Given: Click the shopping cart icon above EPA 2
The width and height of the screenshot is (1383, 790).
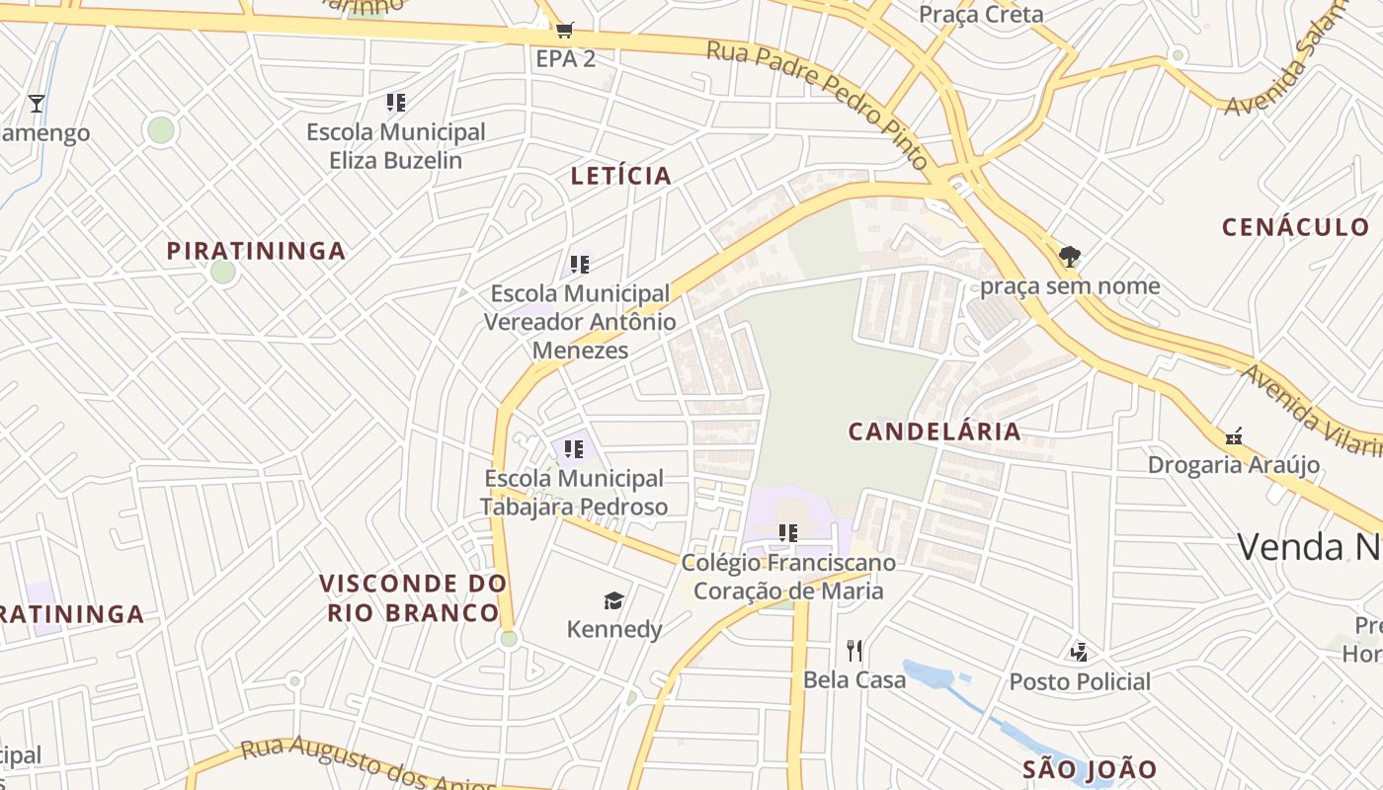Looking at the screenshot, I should tap(564, 31).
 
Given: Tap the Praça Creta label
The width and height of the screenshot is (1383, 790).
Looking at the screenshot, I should tap(981, 14).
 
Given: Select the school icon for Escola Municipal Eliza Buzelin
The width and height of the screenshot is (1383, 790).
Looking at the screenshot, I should tap(396, 103).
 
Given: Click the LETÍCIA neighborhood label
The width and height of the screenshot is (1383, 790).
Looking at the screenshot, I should tap(621, 177).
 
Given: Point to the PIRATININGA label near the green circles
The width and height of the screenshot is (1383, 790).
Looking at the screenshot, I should tap(256, 251).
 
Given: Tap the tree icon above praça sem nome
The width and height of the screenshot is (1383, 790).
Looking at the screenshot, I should tap(1069, 257).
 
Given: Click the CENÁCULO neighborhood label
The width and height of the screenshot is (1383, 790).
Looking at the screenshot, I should tap(1296, 227).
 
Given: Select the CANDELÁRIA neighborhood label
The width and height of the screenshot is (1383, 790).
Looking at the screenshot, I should tap(935, 432).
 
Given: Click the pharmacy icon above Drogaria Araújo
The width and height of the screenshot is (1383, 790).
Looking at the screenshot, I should tap(1233, 435).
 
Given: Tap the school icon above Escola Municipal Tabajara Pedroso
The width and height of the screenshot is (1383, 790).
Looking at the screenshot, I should tap(574, 450).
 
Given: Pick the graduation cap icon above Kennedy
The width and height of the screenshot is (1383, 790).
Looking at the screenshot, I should tap(613, 600).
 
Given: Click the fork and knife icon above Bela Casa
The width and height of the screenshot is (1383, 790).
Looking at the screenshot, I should tap(854, 650).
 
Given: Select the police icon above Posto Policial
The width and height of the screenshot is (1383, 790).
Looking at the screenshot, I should tap(1079, 652).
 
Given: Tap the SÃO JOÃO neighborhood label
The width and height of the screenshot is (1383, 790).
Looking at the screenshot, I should tap(1090, 769).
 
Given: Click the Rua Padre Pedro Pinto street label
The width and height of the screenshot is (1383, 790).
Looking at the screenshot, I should tap(818, 104).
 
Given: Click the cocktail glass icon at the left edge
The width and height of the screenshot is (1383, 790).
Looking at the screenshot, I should tap(37, 104).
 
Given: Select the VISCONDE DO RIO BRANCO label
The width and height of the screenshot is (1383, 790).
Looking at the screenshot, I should tap(413, 597).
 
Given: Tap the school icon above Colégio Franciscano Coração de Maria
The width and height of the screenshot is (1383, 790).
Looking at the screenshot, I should tap(787, 533).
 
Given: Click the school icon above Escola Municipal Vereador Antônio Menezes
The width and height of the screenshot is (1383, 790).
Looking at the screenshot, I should tap(580, 265).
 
